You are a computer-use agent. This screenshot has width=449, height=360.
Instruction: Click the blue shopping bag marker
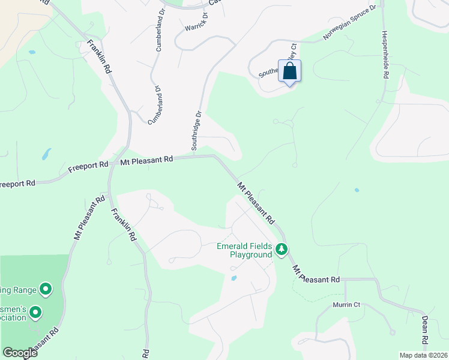(x=289, y=71)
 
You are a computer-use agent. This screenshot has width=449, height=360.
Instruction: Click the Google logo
(x=19, y=353)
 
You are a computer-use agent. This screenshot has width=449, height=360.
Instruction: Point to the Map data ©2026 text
(x=423, y=355)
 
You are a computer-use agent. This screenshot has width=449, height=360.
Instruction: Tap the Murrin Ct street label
(x=346, y=305)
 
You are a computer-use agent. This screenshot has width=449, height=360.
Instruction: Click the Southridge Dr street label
(x=196, y=130)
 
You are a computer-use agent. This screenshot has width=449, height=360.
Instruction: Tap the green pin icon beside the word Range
(x=46, y=290)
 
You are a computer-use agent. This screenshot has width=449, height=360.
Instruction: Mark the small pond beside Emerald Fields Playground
(x=233, y=278)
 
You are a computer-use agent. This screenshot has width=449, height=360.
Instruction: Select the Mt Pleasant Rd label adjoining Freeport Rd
(x=146, y=160)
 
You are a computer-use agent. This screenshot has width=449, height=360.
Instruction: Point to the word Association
(x=13, y=318)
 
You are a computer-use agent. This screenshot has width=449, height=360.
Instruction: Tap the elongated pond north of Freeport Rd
(x=46, y=154)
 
